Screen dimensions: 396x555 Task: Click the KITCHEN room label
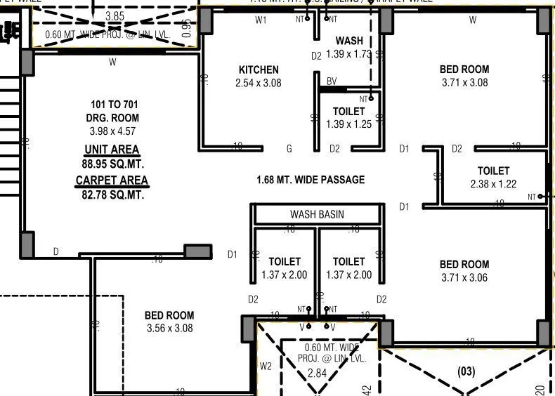pyautogui.click(x=259, y=70)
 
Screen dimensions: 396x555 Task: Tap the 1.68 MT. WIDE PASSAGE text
pyautogui.click(x=311, y=180)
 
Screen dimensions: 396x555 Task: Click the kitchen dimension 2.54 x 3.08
pyautogui.click(x=259, y=83)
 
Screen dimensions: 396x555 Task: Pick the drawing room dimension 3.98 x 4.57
pyautogui.click(x=112, y=131)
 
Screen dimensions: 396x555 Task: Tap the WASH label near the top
pyautogui.click(x=349, y=41)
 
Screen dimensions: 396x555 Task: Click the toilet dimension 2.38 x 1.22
pyautogui.click(x=493, y=184)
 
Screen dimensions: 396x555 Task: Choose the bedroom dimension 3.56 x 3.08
pyautogui.click(x=169, y=328)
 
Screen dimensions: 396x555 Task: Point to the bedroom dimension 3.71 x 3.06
pyautogui.click(x=464, y=277)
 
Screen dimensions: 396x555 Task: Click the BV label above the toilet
pyautogui.click(x=332, y=81)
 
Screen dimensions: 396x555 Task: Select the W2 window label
pyautogui.click(x=265, y=366)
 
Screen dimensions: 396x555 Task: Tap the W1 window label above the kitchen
pyautogui.click(x=261, y=20)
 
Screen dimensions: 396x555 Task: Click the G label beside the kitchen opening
pyautogui.click(x=289, y=149)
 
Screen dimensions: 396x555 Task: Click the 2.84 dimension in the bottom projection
pyautogui.click(x=317, y=373)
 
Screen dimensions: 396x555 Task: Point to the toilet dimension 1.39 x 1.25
pyautogui.click(x=349, y=124)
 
